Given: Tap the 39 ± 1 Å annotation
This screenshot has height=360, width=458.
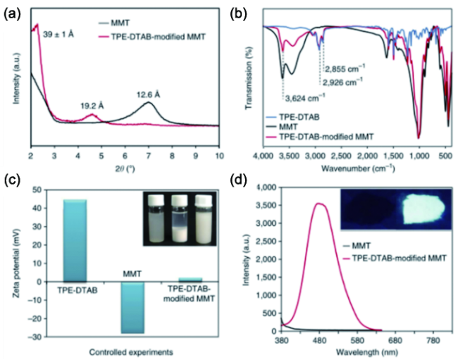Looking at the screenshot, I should coord(63,33).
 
